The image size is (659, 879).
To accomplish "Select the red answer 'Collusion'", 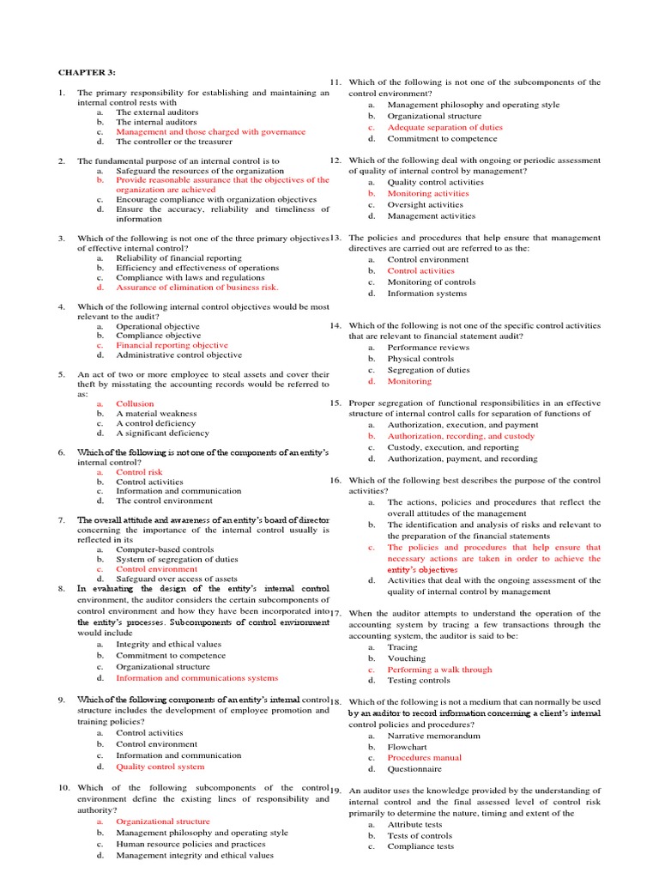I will click(x=136, y=403).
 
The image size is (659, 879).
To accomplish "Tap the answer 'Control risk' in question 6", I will click(x=139, y=472).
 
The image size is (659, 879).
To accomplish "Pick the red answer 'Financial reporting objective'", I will click(x=172, y=345).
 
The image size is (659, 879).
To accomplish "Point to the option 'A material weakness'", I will click(x=156, y=414).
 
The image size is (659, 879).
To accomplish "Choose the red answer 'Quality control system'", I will click(x=160, y=767).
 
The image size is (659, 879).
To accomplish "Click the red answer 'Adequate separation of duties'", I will click(x=444, y=127).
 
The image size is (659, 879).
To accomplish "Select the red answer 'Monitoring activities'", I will click(x=428, y=193).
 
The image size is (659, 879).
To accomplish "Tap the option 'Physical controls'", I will click(x=420, y=359).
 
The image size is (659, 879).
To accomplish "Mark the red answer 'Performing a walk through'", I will click(x=439, y=670).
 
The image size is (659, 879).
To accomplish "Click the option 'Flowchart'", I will click(x=408, y=747).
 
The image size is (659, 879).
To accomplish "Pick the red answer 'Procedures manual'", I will click(x=424, y=758).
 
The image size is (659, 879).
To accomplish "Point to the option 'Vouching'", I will click(x=407, y=658).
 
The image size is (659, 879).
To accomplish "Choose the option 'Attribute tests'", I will click(x=415, y=824).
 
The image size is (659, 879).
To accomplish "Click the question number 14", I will click(x=336, y=326).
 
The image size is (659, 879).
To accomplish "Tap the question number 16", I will click(x=336, y=481).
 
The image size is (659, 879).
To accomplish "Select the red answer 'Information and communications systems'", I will click(x=197, y=678).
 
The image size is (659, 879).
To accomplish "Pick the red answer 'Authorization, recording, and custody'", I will click(x=461, y=436).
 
